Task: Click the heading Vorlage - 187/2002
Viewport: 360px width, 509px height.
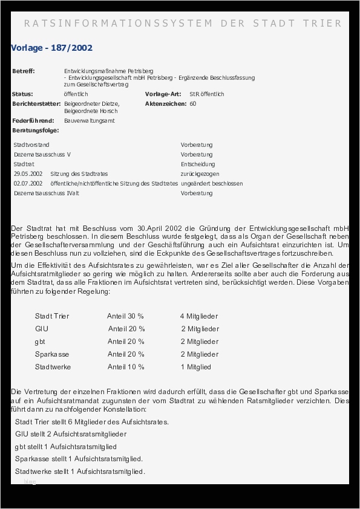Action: pyautogui.click(x=51, y=48)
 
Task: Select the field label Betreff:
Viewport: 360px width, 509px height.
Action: pyautogui.click(x=24, y=71)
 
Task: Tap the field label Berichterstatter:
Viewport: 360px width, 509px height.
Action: pyautogui.click(x=36, y=104)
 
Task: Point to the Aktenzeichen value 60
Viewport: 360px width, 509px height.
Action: pyautogui.click(x=193, y=104)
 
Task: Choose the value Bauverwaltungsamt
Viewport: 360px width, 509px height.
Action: pyautogui.click(x=90, y=121)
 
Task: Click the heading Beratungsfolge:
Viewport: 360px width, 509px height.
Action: pyautogui.click(x=35, y=131)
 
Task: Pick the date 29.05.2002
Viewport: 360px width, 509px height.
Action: pyautogui.click(x=28, y=174)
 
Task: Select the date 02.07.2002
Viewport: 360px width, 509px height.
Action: pyautogui.click(x=28, y=184)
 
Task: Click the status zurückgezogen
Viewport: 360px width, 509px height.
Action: pyautogui.click(x=200, y=174)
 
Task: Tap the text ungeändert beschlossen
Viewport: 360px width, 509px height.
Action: pyautogui.click(x=212, y=184)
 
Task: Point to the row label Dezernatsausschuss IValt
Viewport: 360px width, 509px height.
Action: pyautogui.click(x=47, y=193)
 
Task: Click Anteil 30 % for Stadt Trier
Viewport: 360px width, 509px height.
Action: pyautogui.click(x=125, y=316)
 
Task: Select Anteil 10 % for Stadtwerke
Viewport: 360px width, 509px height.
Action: pyautogui.click(x=126, y=367)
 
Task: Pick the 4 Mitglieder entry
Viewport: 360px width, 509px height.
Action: pyautogui.click(x=198, y=316)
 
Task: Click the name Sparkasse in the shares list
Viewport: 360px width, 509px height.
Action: pyautogui.click(x=52, y=354)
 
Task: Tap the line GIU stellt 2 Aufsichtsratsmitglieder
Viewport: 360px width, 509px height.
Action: pyautogui.click(x=71, y=434)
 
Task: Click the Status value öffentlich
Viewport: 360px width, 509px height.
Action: pyautogui.click(x=76, y=94)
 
